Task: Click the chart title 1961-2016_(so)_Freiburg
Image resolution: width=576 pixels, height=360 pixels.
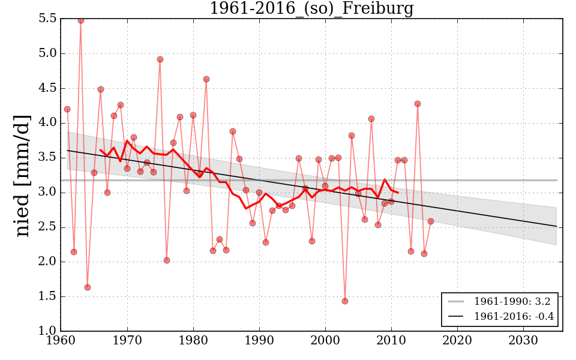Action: [311, 9]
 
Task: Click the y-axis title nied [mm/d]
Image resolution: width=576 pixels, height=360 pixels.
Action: [23, 175]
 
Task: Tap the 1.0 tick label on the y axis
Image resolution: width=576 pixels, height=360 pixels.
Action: [48, 331]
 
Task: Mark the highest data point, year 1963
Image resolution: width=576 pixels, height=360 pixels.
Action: [81, 20]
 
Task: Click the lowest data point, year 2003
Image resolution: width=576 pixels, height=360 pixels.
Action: [345, 301]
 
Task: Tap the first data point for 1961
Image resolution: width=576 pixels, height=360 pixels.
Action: [67, 109]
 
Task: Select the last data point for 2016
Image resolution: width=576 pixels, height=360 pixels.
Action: [431, 221]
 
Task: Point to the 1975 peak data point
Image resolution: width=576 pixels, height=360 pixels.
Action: [160, 59]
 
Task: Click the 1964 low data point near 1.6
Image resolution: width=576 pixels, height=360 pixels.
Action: [88, 287]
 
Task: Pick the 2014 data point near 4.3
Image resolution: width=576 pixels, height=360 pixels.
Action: [418, 104]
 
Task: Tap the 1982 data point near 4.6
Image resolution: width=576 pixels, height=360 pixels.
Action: [206, 79]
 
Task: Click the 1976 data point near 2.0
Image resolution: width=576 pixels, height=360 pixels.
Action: [167, 260]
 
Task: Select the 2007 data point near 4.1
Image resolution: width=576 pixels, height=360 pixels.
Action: [371, 119]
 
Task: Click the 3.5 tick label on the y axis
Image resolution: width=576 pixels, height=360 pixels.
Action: [48, 158]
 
